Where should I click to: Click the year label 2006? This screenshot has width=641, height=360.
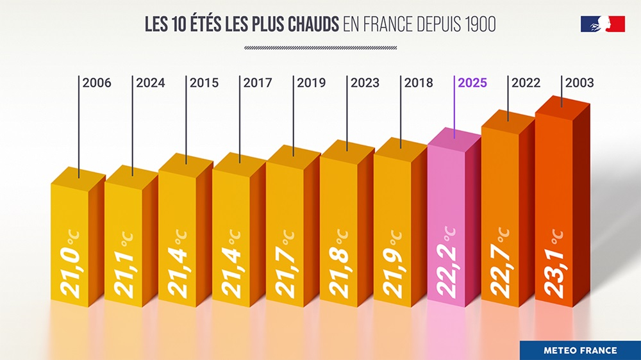click(x=97, y=83)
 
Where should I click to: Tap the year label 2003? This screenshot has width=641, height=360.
click(x=579, y=83)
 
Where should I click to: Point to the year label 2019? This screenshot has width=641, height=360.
click(x=312, y=83)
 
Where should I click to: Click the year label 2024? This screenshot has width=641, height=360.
click(x=151, y=83)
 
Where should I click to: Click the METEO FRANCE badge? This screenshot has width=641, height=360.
click(x=580, y=350)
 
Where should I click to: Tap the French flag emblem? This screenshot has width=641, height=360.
click(x=603, y=24)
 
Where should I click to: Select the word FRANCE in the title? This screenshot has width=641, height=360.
click(x=390, y=25)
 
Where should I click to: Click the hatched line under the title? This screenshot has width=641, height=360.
click(x=320, y=47)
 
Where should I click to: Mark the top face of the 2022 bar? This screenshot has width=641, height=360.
click(x=508, y=119)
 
